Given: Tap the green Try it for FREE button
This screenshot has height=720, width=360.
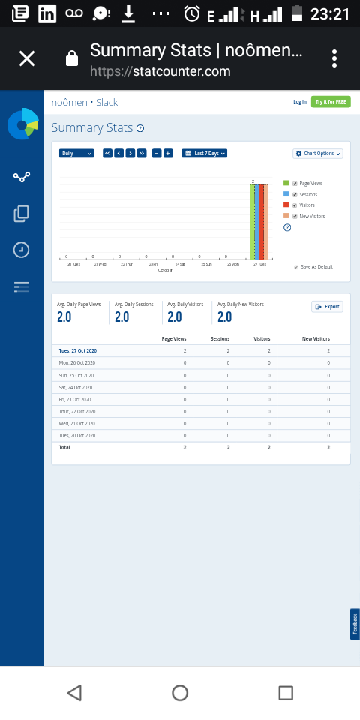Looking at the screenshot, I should [331, 102].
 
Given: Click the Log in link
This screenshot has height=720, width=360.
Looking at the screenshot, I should [299, 102].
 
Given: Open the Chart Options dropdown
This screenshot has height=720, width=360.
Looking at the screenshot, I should [318, 154].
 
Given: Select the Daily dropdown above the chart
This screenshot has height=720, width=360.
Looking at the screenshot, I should [76, 154].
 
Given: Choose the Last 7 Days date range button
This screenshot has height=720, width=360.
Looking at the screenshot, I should [205, 154].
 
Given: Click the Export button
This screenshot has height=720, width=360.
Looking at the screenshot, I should [327, 307].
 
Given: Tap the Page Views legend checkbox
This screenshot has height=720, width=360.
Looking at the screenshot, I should [295, 183].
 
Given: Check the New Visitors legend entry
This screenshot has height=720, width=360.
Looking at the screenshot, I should [295, 216].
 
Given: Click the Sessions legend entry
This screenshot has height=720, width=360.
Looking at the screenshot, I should [308, 194].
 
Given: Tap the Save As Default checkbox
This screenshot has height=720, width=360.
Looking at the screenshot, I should [296, 267].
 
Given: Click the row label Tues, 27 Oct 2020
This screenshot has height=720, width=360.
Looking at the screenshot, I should [78, 350].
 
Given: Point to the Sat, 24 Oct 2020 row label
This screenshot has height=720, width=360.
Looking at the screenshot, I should [76, 387].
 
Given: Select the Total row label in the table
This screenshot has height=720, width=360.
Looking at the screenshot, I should [65, 446].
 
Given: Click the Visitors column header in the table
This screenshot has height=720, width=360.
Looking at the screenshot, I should [262, 339].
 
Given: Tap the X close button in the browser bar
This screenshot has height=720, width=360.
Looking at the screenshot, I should [27, 58].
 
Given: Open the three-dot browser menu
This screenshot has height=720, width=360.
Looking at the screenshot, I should [334, 58].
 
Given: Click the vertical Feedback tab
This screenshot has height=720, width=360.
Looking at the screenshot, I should [355, 624].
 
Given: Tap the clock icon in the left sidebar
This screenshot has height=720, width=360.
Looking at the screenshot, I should [22, 250].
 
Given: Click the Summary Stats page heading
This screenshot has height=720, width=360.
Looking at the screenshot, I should [91, 128].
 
